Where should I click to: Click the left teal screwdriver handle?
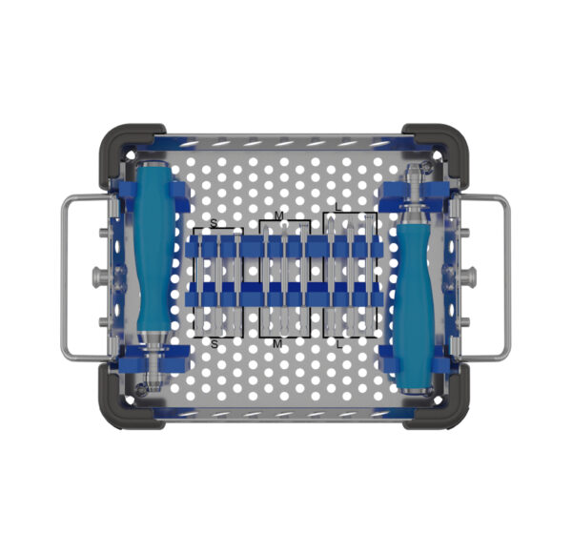point(153,246)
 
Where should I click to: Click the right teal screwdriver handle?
point(415,306)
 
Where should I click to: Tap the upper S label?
point(214,223)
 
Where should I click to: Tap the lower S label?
point(214,343)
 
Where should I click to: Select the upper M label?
point(278,215)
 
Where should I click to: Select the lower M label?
point(277,343)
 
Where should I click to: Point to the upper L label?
point(338,207)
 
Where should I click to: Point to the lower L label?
point(339,344)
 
